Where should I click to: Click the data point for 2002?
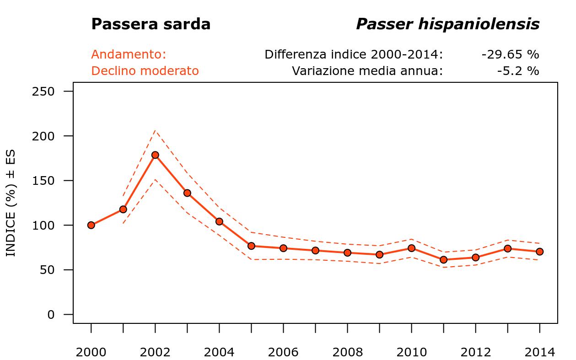coord(155,155)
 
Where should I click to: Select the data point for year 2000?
coord(91,225)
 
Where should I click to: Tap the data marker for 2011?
coord(443,260)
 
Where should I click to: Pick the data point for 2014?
coord(539,252)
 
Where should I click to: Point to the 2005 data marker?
coord(251,246)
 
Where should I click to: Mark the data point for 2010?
coord(411,248)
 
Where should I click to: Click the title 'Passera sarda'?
coord(151,24)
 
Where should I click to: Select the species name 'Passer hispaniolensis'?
coord(447,24)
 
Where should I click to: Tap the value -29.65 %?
coord(510,55)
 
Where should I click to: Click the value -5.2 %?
coord(518,71)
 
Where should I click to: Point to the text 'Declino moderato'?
coord(145,71)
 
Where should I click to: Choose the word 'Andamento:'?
coord(129,55)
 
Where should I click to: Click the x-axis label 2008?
coord(347,353)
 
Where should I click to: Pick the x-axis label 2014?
coord(539,353)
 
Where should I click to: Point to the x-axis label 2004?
coord(219,353)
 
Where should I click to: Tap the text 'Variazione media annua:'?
coord(367,71)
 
